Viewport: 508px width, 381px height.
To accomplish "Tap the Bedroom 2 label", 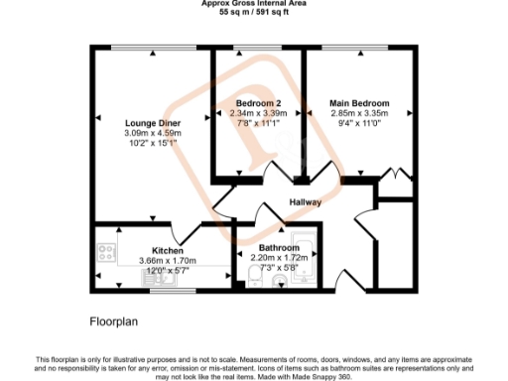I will [x=260, y=103].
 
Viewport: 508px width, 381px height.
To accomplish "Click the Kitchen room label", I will [x=167, y=250].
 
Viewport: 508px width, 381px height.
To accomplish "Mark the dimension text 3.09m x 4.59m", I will [x=152, y=133].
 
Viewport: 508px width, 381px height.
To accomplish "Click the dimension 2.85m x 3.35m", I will [x=359, y=113].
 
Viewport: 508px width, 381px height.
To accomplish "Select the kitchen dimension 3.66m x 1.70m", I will [x=167, y=260].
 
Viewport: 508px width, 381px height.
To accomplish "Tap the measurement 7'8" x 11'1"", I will [x=260, y=123].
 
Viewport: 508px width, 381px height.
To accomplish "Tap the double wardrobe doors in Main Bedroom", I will [x=398, y=178].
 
